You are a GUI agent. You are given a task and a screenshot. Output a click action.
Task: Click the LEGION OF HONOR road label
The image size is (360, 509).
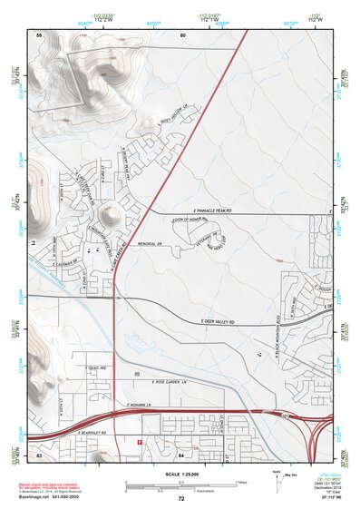189,220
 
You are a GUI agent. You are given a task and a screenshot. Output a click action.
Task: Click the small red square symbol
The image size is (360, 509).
139,442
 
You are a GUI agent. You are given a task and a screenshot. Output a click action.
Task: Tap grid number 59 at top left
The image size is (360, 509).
39,34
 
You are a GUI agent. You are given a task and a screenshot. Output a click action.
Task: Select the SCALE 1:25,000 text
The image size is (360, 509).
180,475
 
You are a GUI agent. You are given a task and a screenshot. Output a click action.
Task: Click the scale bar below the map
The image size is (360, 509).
180,485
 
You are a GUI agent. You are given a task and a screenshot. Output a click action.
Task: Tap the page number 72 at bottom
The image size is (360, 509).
180,498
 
